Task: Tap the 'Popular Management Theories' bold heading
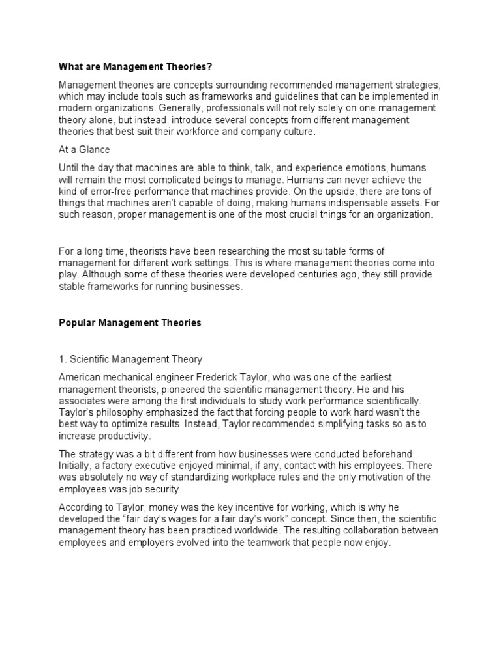click(x=130, y=322)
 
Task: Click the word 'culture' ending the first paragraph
click(x=296, y=132)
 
